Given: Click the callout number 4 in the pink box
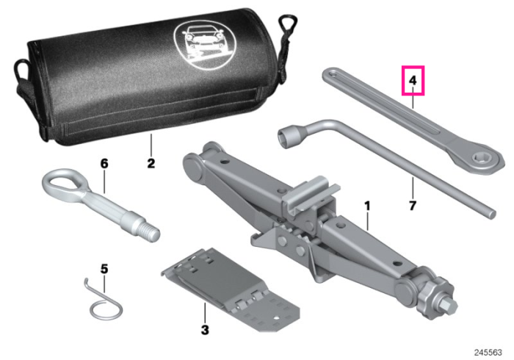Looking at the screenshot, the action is click(x=413, y=80).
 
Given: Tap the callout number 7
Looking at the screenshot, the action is click(x=413, y=206).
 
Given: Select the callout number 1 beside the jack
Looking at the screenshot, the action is click(x=367, y=206).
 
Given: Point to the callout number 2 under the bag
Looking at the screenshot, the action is click(x=151, y=163).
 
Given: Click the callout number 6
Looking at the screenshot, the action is click(x=104, y=163).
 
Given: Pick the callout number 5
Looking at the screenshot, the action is click(x=104, y=269).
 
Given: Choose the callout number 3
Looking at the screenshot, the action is click(x=205, y=329).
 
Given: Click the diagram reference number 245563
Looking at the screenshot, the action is click(x=488, y=353).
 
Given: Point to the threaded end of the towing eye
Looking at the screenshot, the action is click(x=151, y=231).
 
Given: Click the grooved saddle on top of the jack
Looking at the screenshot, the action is click(x=310, y=194).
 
